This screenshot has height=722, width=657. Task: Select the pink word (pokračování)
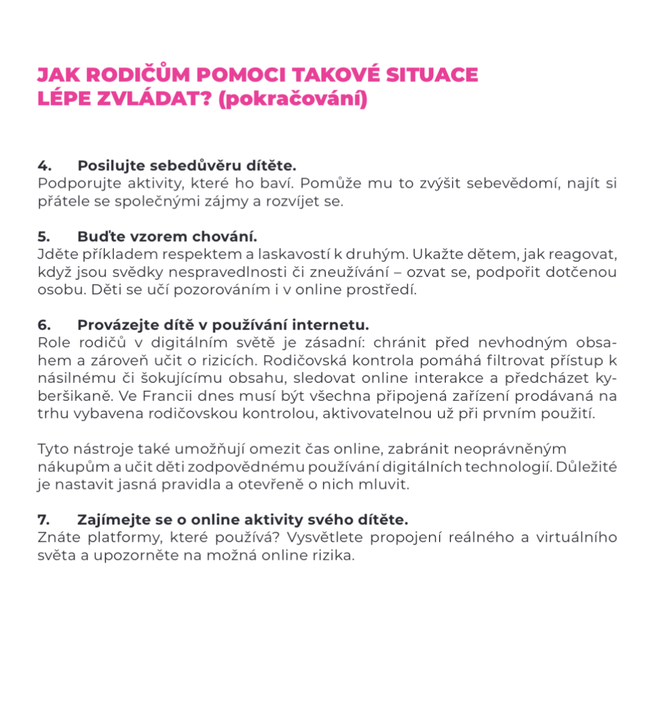tap(293, 99)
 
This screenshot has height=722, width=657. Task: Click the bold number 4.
tap(44, 166)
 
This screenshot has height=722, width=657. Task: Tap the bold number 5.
tap(44, 237)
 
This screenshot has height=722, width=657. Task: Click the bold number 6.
tap(44, 325)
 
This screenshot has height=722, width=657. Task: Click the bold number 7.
tap(44, 520)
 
